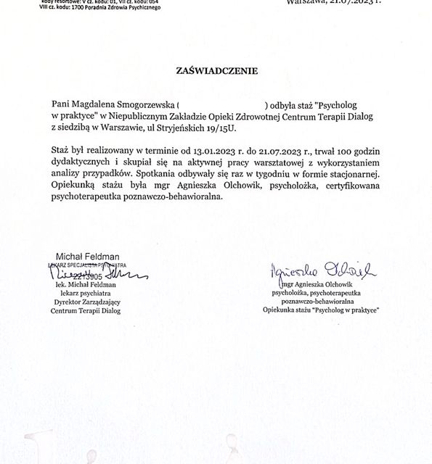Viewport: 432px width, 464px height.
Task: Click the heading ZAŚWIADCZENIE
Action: [216, 71]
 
